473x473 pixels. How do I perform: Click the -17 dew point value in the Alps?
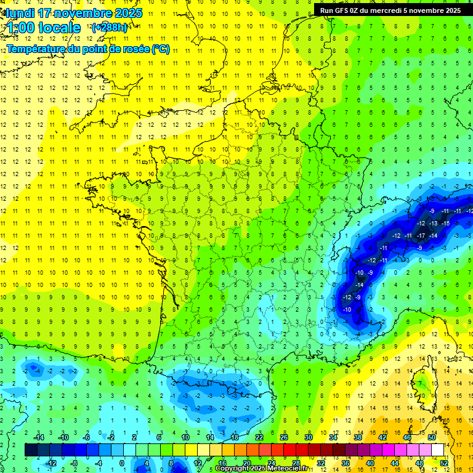pos(421,235)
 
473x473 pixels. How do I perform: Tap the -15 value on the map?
pos(445,222)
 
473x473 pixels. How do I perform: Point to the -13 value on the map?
pos(433,222)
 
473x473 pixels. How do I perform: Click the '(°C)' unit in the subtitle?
pos(161,49)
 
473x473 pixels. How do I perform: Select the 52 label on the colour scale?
pos(444,463)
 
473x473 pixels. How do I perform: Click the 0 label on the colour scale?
pos(122,463)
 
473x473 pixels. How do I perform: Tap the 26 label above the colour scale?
pos(284,437)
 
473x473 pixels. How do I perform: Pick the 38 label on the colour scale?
pos(358,437)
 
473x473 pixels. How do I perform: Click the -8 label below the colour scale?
pos(75,463)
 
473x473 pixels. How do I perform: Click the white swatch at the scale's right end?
pos(438,450)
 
